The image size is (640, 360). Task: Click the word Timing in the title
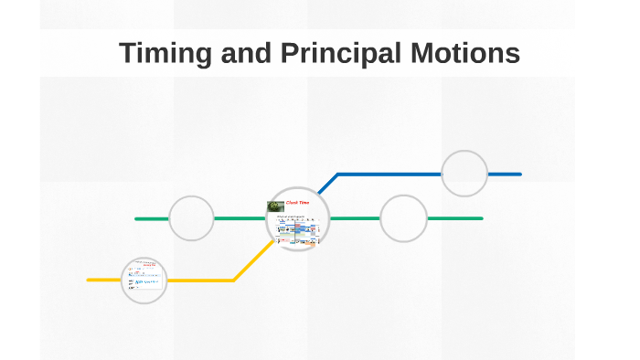coord(167,54)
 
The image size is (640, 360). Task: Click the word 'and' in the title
coord(243,54)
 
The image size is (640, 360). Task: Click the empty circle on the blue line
coord(464,174)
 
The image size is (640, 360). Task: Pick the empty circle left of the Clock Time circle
coord(192,218)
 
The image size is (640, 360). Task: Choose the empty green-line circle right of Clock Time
coord(403,218)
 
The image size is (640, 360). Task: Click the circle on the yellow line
coord(144,280)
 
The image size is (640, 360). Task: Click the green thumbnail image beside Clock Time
coord(276,206)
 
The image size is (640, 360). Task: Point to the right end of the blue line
coord(519,174)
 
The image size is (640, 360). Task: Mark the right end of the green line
coord(481,218)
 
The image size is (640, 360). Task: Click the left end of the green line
coord(137,218)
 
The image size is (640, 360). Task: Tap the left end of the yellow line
coord(89,280)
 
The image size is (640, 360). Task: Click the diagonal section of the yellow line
coord(251,261)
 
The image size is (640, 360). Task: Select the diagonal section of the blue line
coord(327,183)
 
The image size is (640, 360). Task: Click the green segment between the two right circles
coord(355,218)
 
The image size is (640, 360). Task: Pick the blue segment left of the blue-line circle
coord(389,174)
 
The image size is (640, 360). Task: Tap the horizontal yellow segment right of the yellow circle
coord(201,280)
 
